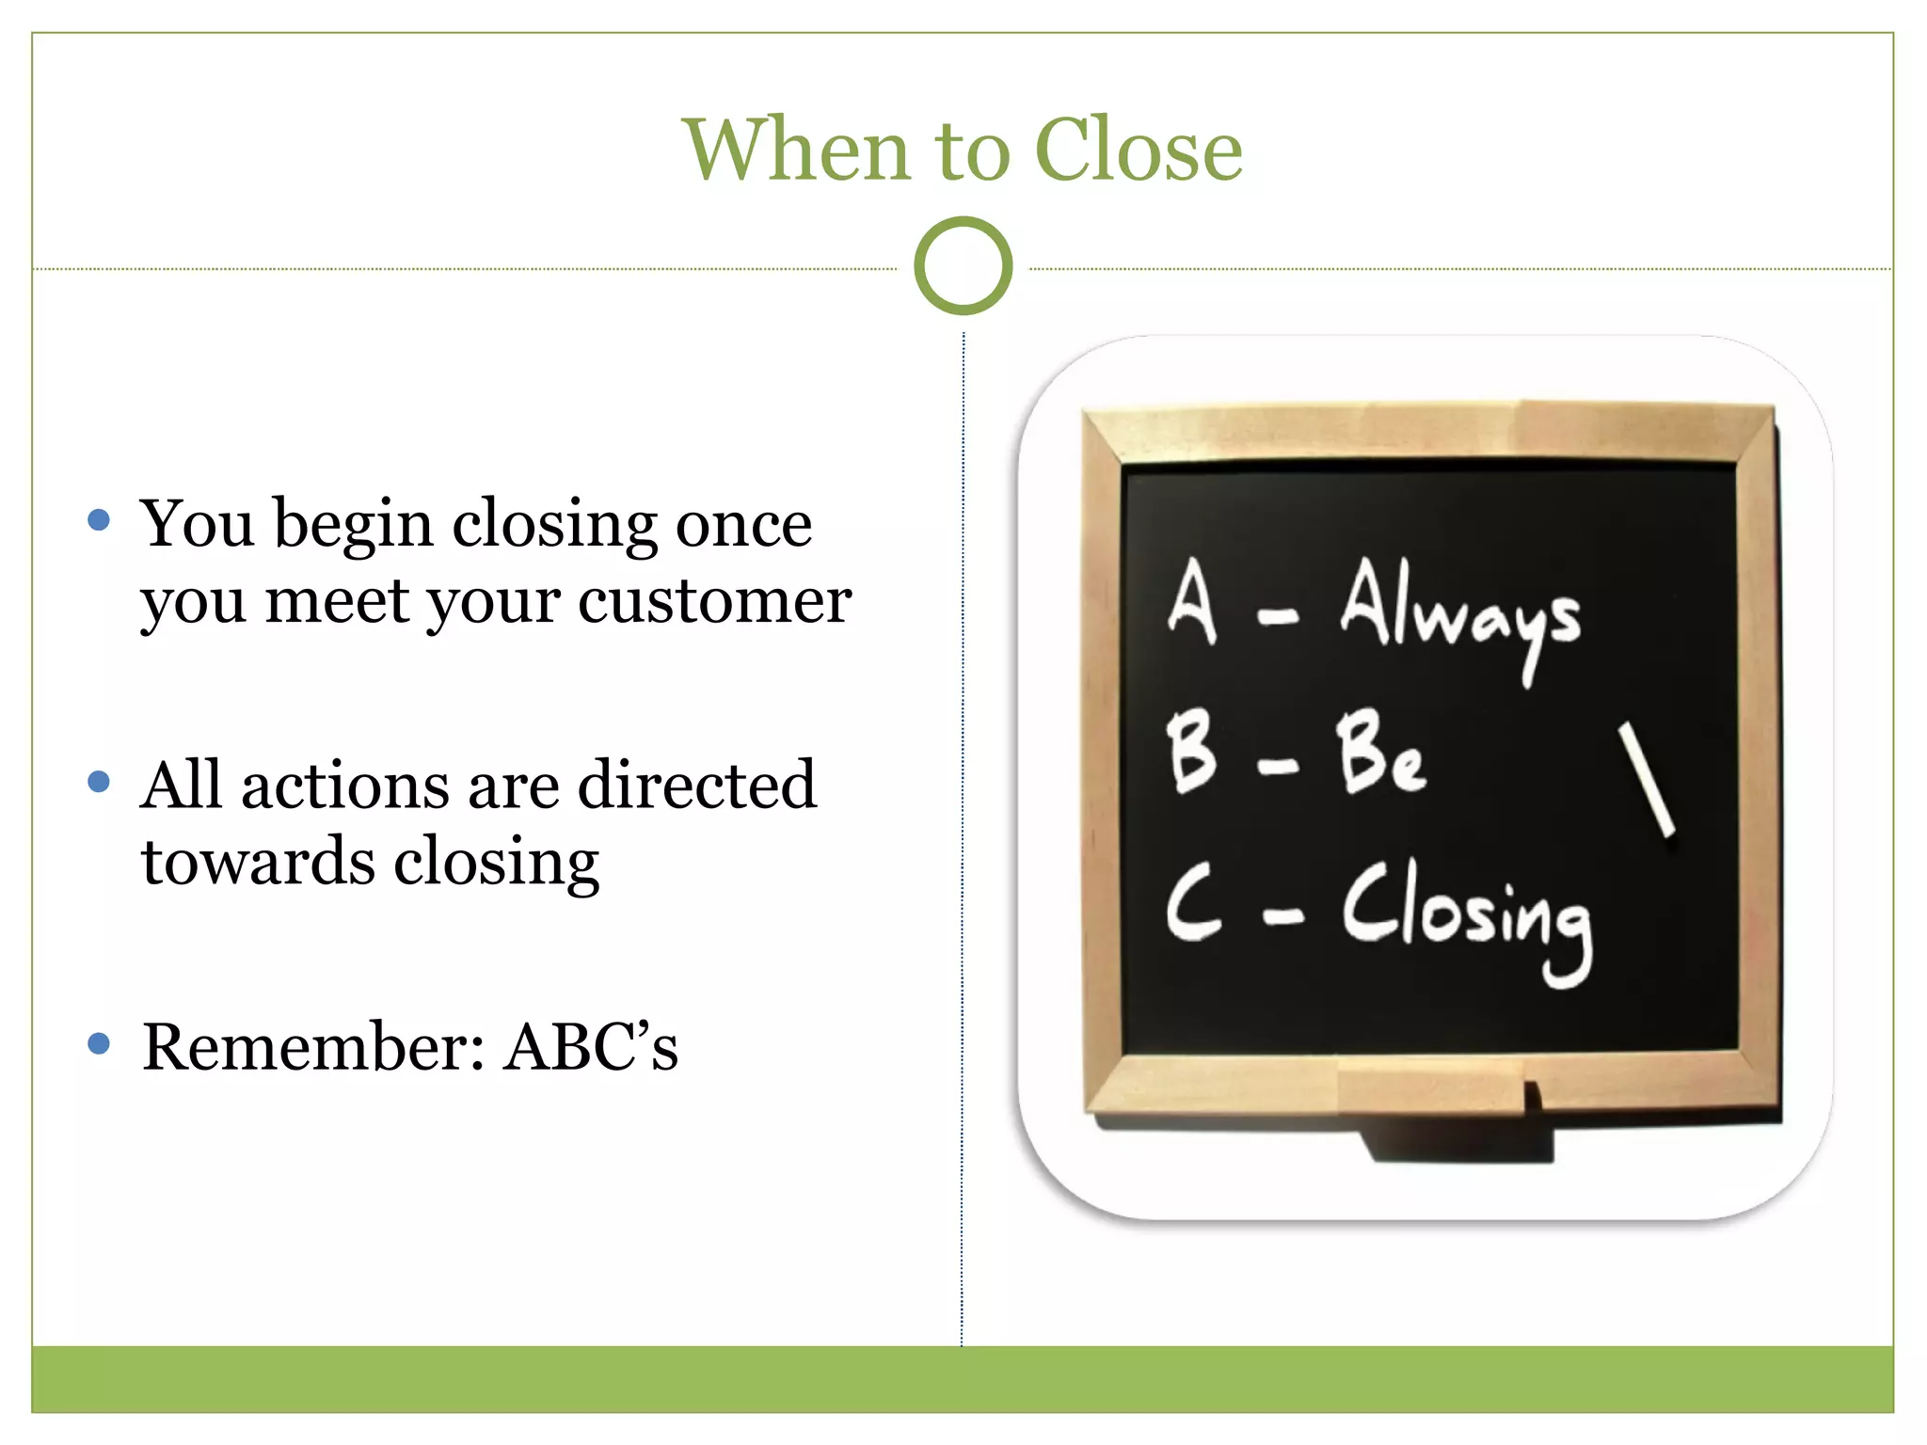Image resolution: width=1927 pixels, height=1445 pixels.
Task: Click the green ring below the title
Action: (x=963, y=266)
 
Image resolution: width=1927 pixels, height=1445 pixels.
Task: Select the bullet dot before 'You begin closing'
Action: (x=99, y=520)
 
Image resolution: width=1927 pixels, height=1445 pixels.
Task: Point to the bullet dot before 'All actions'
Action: (x=99, y=782)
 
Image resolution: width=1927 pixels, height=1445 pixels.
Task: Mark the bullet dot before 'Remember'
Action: (x=99, y=1043)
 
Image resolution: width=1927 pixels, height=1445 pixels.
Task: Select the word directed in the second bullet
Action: (x=696, y=785)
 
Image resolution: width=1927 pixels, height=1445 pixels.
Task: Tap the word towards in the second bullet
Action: (x=257, y=862)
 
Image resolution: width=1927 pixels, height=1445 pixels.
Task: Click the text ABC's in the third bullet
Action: (x=591, y=1046)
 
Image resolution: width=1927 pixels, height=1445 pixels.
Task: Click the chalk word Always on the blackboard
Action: (x=1459, y=611)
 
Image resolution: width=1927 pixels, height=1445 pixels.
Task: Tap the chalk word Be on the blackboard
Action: (x=1379, y=753)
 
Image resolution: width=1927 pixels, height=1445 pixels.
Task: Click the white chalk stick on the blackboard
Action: (x=1646, y=780)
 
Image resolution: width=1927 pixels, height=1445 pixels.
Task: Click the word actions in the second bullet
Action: (x=345, y=785)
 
